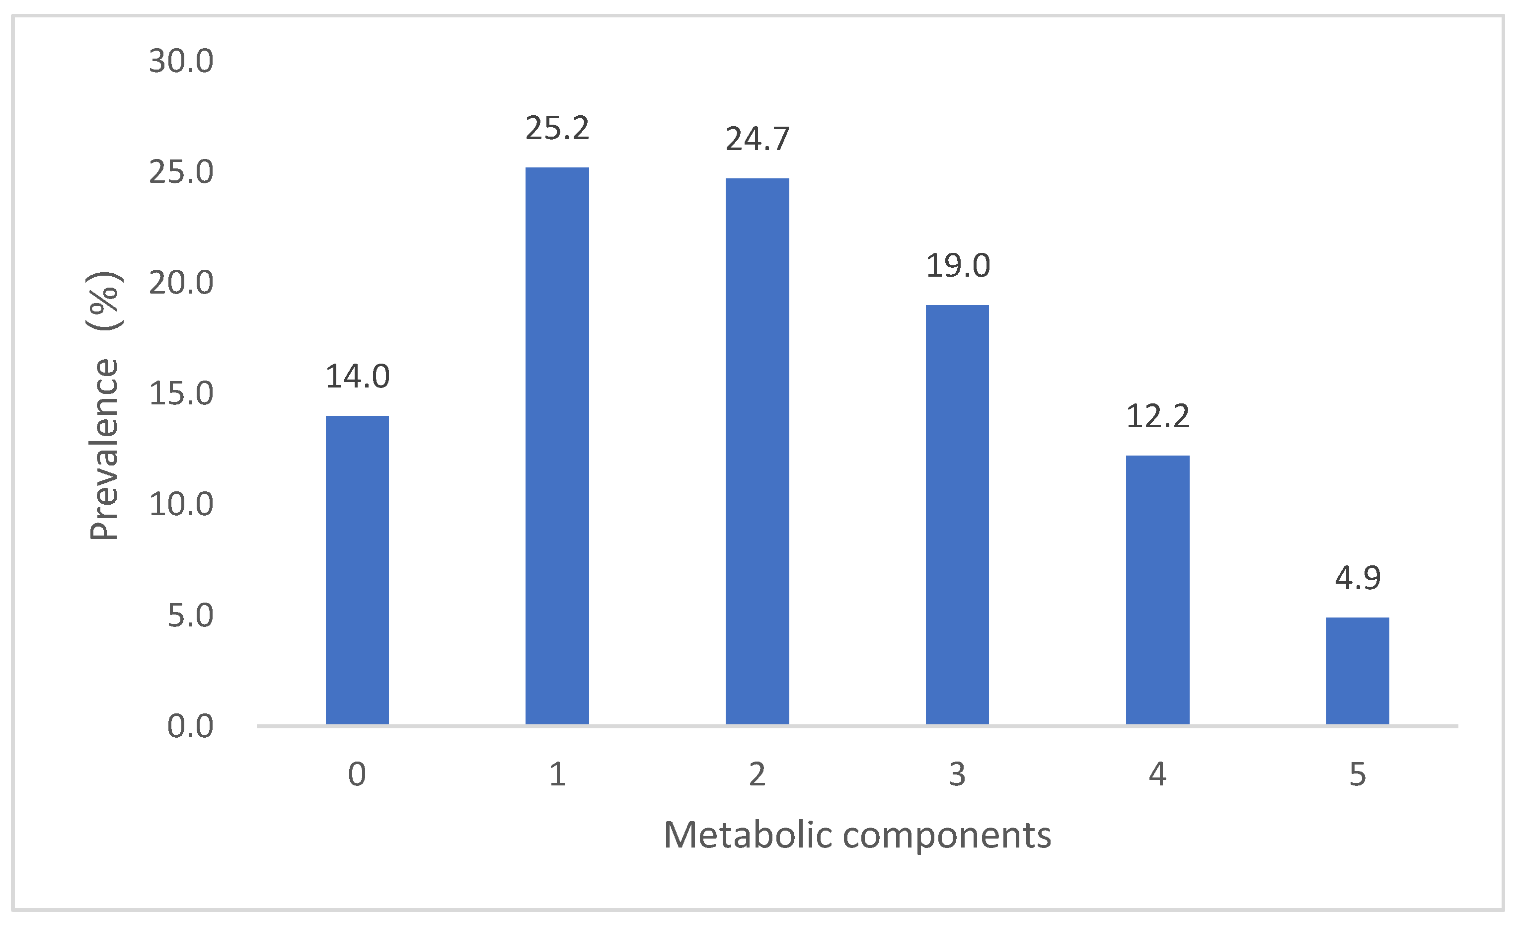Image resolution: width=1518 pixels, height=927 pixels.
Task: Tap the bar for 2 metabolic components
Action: point(757,451)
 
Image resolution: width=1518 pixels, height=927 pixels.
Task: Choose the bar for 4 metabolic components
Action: point(1157,590)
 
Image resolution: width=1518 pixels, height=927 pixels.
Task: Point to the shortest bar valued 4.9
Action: point(1358,671)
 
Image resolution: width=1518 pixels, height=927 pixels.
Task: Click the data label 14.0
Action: point(357,377)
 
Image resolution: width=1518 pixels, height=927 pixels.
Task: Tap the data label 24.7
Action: point(757,139)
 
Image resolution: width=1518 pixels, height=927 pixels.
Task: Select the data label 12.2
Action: point(1157,416)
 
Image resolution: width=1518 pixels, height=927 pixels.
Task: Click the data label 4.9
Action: point(1358,578)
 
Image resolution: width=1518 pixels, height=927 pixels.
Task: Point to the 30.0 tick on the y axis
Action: point(181,62)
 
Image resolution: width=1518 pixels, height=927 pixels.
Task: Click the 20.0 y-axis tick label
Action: point(181,283)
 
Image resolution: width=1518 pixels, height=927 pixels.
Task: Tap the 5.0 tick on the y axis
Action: point(190,616)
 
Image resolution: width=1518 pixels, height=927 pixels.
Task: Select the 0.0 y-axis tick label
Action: point(190,726)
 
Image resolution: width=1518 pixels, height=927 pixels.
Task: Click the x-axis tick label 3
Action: point(957,774)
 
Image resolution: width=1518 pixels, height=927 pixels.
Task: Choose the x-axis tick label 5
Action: point(1358,774)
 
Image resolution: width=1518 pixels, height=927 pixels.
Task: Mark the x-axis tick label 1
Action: point(557,774)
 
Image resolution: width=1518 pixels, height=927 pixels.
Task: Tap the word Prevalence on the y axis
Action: point(103,450)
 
